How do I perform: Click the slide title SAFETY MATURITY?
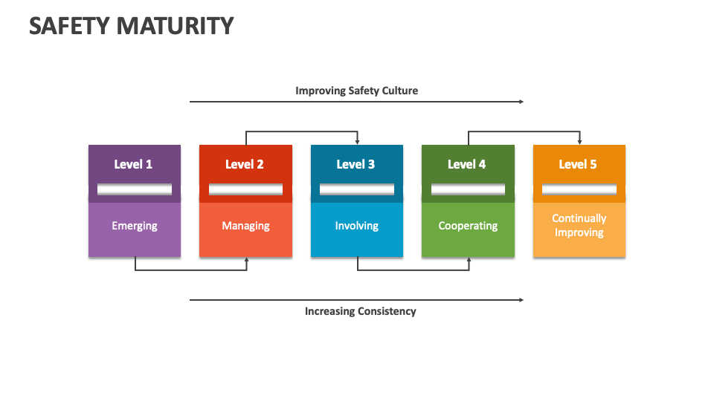[131, 26]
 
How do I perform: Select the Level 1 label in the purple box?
[133, 164]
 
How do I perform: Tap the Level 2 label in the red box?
[245, 164]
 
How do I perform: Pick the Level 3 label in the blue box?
[356, 164]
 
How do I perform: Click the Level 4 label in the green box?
[467, 164]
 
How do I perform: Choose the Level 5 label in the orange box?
[578, 164]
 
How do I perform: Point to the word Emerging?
[135, 226]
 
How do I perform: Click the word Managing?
[245, 226]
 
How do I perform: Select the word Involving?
[356, 226]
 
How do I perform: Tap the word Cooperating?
[468, 226]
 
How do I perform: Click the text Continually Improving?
[579, 225]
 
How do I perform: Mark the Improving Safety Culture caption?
[356, 91]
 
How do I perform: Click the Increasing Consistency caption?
[360, 311]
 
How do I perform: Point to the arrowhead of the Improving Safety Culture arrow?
[521, 102]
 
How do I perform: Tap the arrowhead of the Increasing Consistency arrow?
[521, 300]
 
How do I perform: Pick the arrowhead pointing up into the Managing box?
[246, 260]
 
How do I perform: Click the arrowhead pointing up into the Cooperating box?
[469, 260]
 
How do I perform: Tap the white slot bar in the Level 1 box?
[135, 190]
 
